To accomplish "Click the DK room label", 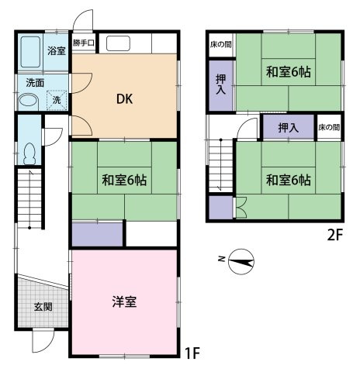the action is (125, 98).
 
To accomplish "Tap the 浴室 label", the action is (57, 50).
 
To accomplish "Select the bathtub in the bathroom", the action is (30, 52).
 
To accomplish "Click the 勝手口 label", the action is (83, 43).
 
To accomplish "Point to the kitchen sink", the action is (118, 43).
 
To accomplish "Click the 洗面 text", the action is (35, 83).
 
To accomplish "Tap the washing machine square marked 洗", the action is (57, 100).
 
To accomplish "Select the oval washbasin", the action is (28, 101).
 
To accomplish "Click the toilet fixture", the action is (29, 153).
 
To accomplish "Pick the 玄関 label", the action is (43, 307).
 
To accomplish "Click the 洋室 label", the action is (124, 301).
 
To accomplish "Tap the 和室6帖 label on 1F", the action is (124, 180).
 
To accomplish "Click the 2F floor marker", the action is (335, 235).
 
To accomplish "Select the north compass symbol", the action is (241, 262).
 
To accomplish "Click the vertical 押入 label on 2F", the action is (220, 84).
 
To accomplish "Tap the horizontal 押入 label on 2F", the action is (289, 127).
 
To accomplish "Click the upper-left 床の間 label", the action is (220, 44).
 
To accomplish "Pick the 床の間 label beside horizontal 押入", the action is (329, 127).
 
